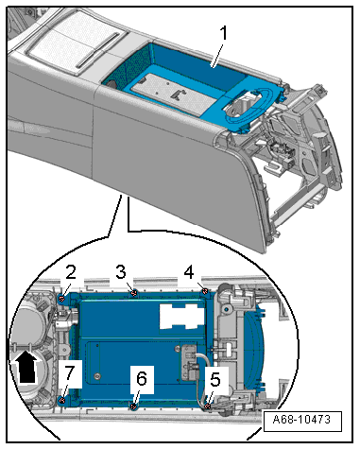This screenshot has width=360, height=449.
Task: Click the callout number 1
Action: point(223,33)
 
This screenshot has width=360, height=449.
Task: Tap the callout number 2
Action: point(71,272)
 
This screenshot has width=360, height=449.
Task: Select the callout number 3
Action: point(121,272)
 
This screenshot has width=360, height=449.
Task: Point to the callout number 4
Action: point(189,272)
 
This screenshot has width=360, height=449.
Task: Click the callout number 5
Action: point(215,380)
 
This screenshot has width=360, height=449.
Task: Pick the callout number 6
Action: point(142,378)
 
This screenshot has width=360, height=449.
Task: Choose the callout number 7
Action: point(70,372)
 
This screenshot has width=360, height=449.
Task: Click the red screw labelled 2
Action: point(62,298)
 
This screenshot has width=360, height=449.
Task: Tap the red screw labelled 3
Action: point(134,293)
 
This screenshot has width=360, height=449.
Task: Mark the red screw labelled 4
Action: point(205,292)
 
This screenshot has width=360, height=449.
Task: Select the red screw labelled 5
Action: point(208,406)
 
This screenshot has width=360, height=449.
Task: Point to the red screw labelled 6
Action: point(134,406)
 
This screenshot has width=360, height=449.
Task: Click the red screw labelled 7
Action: point(62,401)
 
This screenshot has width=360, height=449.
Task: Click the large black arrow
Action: point(27,368)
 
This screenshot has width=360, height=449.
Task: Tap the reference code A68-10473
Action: point(301,420)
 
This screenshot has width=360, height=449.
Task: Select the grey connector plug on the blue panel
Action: point(189,363)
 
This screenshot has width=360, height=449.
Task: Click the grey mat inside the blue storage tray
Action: point(174,93)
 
